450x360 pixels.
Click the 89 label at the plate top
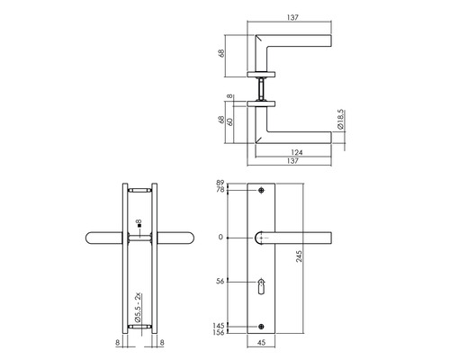click(x=220, y=183)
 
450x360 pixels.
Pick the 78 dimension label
click(x=220, y=191)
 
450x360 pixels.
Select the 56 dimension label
click(x=220, y=281)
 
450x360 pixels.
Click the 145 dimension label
click(x=219, y=325)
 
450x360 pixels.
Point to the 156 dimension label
click(x=219, y=333)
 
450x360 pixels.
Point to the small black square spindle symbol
click(x=134, y=222)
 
